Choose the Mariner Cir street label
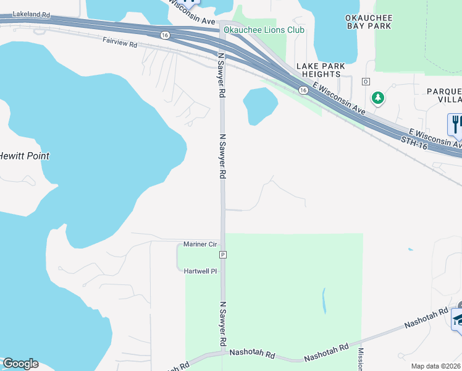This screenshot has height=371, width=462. tap(201, 244)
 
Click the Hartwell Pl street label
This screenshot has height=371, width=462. tap(201, 271)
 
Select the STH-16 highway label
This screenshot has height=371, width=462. tap(414, 142)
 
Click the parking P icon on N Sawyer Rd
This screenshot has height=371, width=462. tap(223, 255)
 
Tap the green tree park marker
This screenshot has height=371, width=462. tap(377, 98)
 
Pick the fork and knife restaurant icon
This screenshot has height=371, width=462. tap(456, 124)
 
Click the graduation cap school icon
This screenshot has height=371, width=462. tap(458, 319)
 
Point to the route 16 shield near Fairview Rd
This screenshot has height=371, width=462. tap(164, 35)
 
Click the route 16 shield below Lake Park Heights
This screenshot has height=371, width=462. tap(303, 90)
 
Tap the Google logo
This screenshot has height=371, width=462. tap(20, 364)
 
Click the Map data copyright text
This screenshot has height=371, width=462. tap(436, 366)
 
